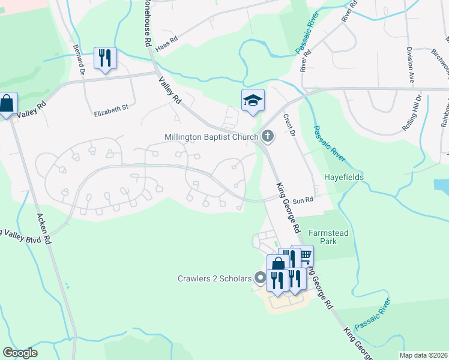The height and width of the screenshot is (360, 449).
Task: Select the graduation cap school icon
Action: click(x=253, y=100)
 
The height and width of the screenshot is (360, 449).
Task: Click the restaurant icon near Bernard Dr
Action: click(x=105, y=58)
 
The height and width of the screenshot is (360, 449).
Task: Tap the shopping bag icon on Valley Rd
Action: click(x=7, y=104)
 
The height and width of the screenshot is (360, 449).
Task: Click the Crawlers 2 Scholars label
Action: click(x=214, y=278)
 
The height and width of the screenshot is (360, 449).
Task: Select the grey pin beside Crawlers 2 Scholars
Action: click(x=260, y=278)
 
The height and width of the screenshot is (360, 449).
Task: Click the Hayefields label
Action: click(x=344, y=178)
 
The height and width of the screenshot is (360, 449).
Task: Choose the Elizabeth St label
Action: click(x=112, y=108)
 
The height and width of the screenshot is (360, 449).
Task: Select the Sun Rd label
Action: click(x=304, y=200)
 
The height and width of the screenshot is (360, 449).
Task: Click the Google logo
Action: click(x=20, y=353)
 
